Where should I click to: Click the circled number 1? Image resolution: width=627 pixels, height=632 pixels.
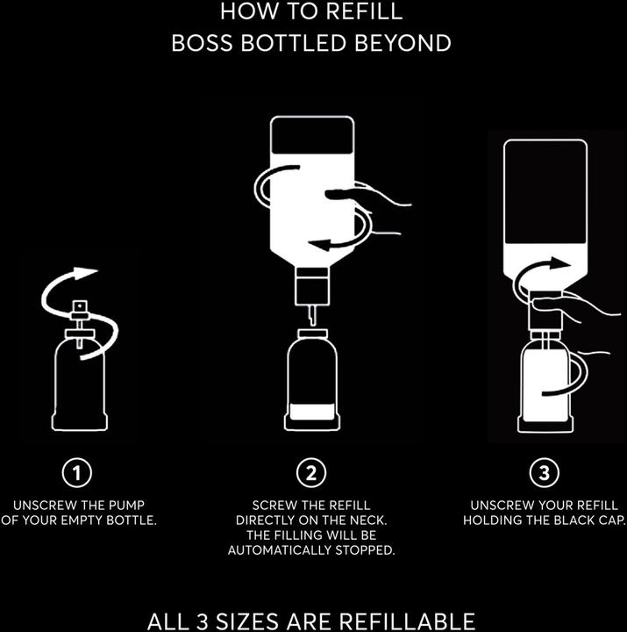(79, 473)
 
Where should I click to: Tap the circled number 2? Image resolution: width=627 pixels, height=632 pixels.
(311, 473)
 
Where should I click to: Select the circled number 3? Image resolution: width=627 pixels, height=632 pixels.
(545, 473)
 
